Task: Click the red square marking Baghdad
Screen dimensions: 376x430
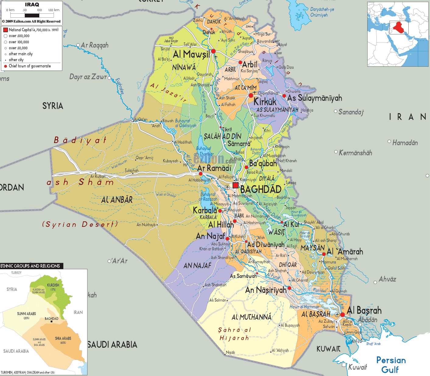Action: pos(235,185)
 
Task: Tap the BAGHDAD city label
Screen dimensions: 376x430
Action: pos(261,189)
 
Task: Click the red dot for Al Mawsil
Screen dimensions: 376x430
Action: pos(213,51)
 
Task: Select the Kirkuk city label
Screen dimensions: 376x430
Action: pos(265,102)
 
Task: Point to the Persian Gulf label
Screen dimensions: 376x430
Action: pos(391,365)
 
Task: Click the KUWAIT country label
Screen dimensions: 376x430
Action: pos(328,349)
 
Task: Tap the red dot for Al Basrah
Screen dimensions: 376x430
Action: pos(342,315)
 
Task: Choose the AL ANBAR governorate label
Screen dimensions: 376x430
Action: pos(117,200)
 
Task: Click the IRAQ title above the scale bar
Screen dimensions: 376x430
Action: pos(32,5)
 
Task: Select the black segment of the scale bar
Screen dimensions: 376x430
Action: pos(32,15)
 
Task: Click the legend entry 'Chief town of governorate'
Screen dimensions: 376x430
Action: pos(30,66)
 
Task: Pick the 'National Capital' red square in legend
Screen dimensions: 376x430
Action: pos(5,30)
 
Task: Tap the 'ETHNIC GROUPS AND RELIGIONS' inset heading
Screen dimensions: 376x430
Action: pos(30,266)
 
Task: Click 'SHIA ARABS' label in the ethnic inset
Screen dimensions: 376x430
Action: pos(63,338)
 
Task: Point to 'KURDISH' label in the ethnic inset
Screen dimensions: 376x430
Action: pos(53,285)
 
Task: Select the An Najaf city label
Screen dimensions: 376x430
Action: pos(210,236)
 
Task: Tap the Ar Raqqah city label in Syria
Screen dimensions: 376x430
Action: pos(94,45)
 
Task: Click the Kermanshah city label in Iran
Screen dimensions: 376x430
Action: pos(355,153)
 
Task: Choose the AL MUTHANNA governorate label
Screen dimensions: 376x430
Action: pos(251,317)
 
